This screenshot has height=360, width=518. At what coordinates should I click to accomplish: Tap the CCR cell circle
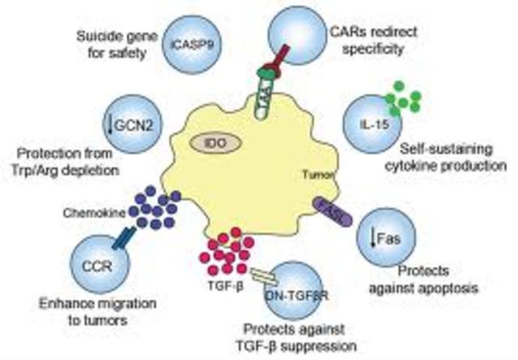pyautogui.click(x=100, y=269)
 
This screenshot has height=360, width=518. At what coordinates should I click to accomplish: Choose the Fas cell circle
pyautogui.click(x=388, y=239)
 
